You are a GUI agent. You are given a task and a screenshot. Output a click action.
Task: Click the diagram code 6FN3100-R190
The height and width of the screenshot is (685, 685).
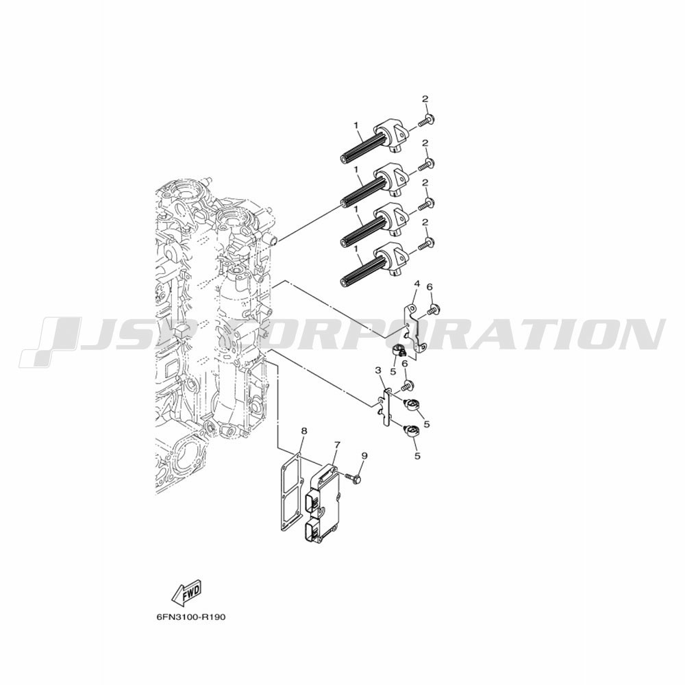(x=190, y=618)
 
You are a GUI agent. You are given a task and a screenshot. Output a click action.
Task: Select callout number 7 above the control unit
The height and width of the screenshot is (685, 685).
(x=337, y=445)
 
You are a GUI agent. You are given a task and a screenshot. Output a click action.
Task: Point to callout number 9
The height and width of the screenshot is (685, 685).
(x=364, y=456)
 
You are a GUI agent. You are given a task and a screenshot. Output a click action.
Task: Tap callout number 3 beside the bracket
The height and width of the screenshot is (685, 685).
(x=378, y=371)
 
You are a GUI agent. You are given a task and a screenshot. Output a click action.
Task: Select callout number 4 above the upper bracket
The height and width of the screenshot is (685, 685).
(x=416, y=284)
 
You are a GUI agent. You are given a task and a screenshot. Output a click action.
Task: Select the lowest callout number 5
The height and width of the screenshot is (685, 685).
(x=417, y=456)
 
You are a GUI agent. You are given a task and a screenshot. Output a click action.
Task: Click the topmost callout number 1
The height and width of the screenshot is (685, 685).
(x=356, y=125)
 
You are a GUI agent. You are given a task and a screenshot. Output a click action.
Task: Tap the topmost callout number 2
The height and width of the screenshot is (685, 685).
(x=425, y=99)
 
